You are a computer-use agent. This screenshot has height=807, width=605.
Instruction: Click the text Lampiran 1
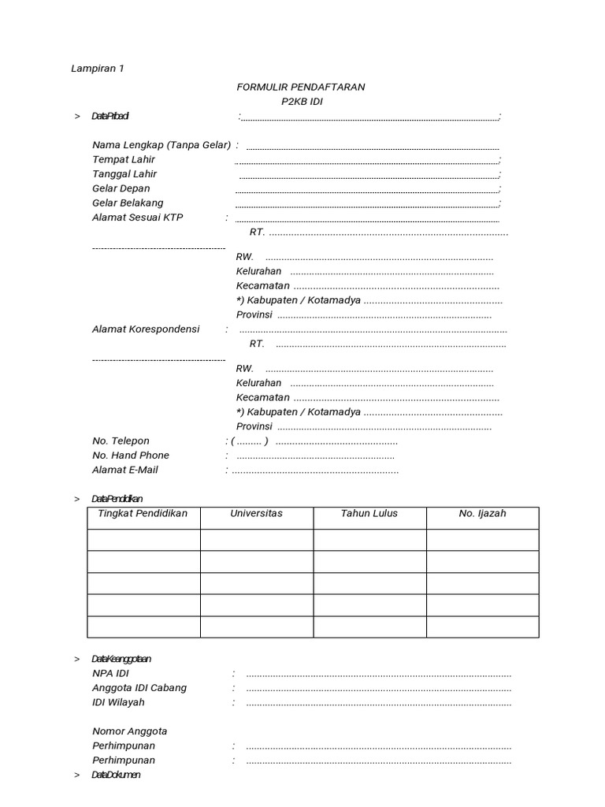tap(98, 69)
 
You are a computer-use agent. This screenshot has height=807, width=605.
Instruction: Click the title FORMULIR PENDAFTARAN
tap(300, 87)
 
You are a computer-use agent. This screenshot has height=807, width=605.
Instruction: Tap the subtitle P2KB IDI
tap(302, 102)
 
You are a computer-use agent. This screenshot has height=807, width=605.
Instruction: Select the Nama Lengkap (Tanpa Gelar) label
tap(161, 145)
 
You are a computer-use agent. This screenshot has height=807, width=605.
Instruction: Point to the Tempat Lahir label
tap(124, 159)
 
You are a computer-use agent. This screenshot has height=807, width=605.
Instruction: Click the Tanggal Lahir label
tap(124, 174)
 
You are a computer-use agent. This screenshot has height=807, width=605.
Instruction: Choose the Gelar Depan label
tap(121, 188)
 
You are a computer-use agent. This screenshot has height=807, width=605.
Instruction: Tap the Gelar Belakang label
tap(128, 203)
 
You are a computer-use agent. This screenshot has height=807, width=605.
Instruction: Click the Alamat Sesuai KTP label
tap(137, 218)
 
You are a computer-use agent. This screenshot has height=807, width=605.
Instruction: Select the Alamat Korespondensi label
tap(146, 329)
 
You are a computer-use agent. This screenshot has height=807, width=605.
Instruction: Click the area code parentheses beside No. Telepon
tap(249, 441)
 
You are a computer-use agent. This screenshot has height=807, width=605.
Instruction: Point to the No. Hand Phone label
tap(131, 456)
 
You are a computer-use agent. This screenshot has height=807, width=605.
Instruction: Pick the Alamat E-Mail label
tap(125, 470)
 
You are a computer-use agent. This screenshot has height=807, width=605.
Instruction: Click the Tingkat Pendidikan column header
tap(143, 514)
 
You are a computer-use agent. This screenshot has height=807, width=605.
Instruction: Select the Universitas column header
tap(256, 514)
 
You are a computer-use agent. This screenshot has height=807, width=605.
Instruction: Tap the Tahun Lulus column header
tap(369, 514)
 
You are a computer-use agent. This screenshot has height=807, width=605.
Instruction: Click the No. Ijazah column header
tap(482, 514)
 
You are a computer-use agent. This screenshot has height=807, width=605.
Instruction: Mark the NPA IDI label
tap(110, 674)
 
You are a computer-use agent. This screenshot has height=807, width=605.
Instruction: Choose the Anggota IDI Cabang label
tap(139, 688)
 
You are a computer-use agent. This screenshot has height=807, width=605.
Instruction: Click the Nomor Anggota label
tap(129, 731)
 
